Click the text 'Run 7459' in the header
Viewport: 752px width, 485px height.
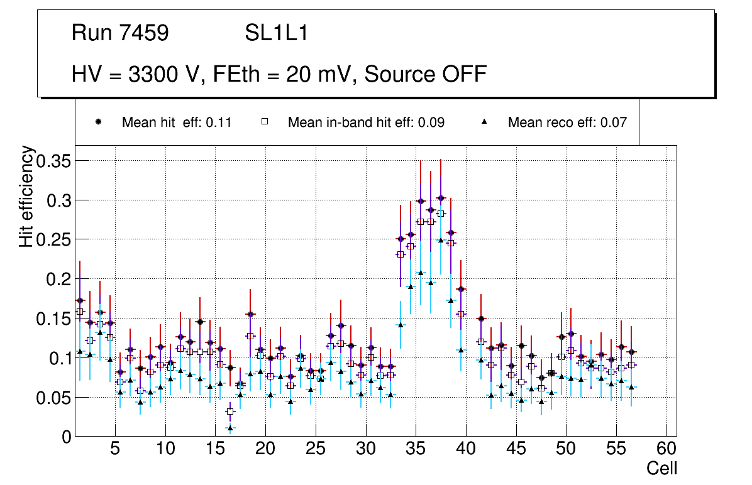(120, 33)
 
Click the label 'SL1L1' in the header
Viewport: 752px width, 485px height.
(277, 33)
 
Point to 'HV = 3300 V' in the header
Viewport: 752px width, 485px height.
(136, 74)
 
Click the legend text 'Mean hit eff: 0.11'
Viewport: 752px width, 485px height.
(177, 123)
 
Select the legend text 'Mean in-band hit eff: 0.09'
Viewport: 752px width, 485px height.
(366, 123)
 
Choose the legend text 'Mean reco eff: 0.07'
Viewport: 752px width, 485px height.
(567, 123)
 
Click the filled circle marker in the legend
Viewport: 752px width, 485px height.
(99, 122)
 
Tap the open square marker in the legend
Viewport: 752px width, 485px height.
(265, 122)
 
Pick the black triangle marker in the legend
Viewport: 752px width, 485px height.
(485, 122)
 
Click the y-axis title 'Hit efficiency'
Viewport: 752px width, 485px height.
(26, 197)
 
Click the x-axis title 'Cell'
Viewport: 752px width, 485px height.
(662, 468)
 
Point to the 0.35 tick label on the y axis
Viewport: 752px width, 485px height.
(53, 161)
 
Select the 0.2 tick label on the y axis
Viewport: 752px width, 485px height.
(58, 279)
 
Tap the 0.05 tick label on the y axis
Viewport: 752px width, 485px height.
(53, 398)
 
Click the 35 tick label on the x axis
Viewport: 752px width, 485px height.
(415, 449)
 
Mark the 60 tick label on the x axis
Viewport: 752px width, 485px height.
(666, 449)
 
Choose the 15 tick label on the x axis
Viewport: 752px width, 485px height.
(214, 449)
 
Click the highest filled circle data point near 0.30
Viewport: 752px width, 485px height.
(441, 198)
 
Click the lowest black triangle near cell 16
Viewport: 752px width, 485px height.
(230, 428)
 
